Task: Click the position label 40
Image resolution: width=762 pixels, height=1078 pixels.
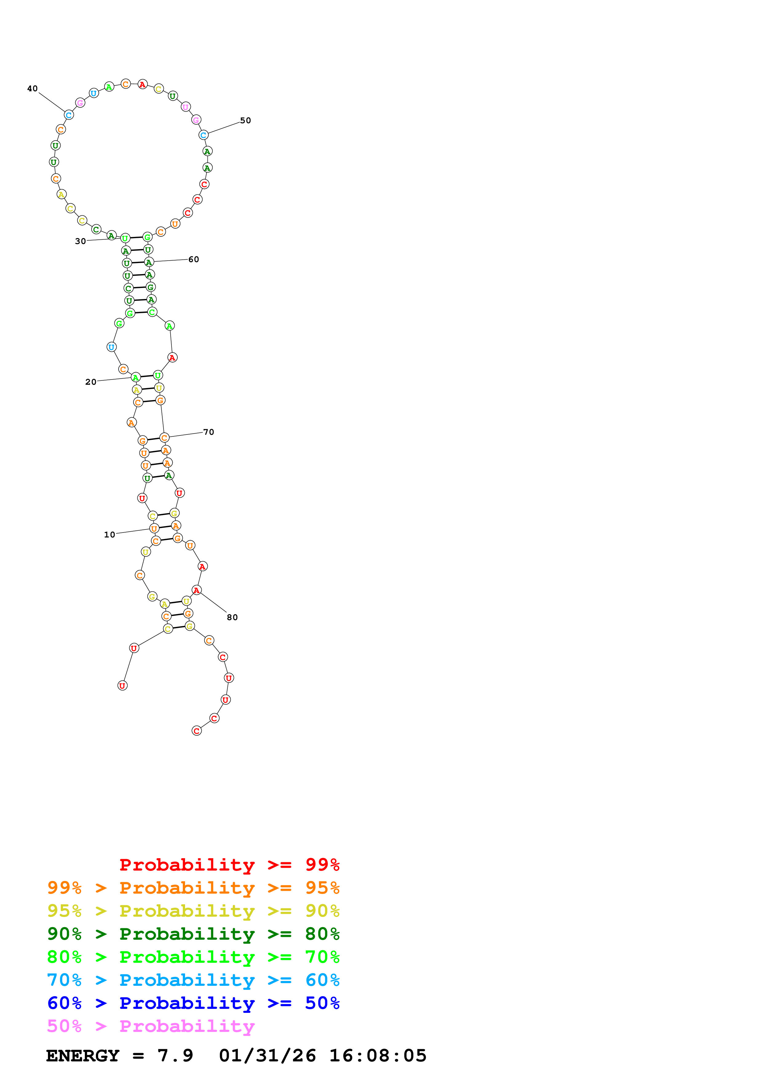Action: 32,89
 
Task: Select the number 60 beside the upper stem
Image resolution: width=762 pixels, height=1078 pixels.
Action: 193,260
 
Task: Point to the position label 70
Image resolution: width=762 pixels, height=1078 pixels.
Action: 208,432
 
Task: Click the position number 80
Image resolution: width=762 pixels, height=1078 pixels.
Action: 232,617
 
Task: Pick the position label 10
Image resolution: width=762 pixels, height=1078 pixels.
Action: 109,535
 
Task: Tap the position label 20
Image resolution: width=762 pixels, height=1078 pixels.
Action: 91,382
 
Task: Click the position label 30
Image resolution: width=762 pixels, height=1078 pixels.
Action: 80,241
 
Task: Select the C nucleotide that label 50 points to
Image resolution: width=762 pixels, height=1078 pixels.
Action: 203,135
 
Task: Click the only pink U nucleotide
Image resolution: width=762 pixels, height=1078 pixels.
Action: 185,107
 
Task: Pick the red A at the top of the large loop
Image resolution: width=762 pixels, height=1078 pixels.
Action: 142,85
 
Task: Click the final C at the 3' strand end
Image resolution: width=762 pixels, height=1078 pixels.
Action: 197,731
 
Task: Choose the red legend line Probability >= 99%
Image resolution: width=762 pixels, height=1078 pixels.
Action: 229,865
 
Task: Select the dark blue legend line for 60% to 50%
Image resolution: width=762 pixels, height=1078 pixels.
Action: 193,1003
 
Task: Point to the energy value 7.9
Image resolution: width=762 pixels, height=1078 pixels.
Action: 175,1056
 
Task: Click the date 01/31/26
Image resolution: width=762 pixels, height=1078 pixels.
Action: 267,1056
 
